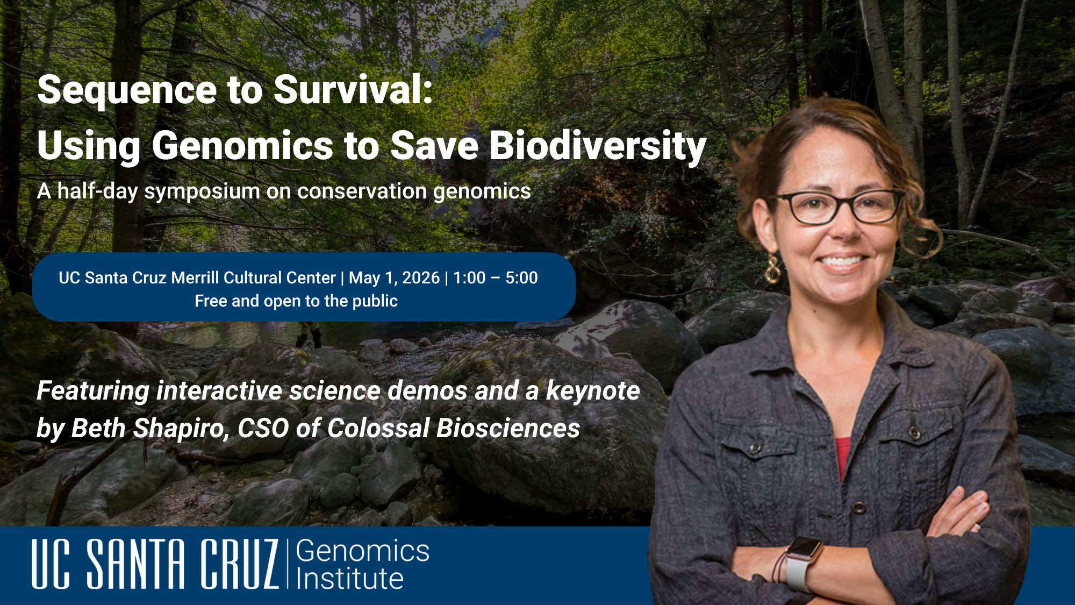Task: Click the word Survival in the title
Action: pyautogui.click(x=353, y=89)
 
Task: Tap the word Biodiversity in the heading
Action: pyautogui.click(x=597, y=146)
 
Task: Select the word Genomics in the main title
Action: pyautogui.click(x=242, y=146)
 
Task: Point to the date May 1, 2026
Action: pyautogui.click(x=394, y=278)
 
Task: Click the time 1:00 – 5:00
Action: pyautogui.click(x=495, y=278)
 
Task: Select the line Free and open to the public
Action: pyautogui.click(x=296, y=301)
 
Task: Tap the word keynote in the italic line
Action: pyautogui.click(x=593, y=391)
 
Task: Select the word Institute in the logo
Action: pyautogui.click(x=349, y=579)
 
